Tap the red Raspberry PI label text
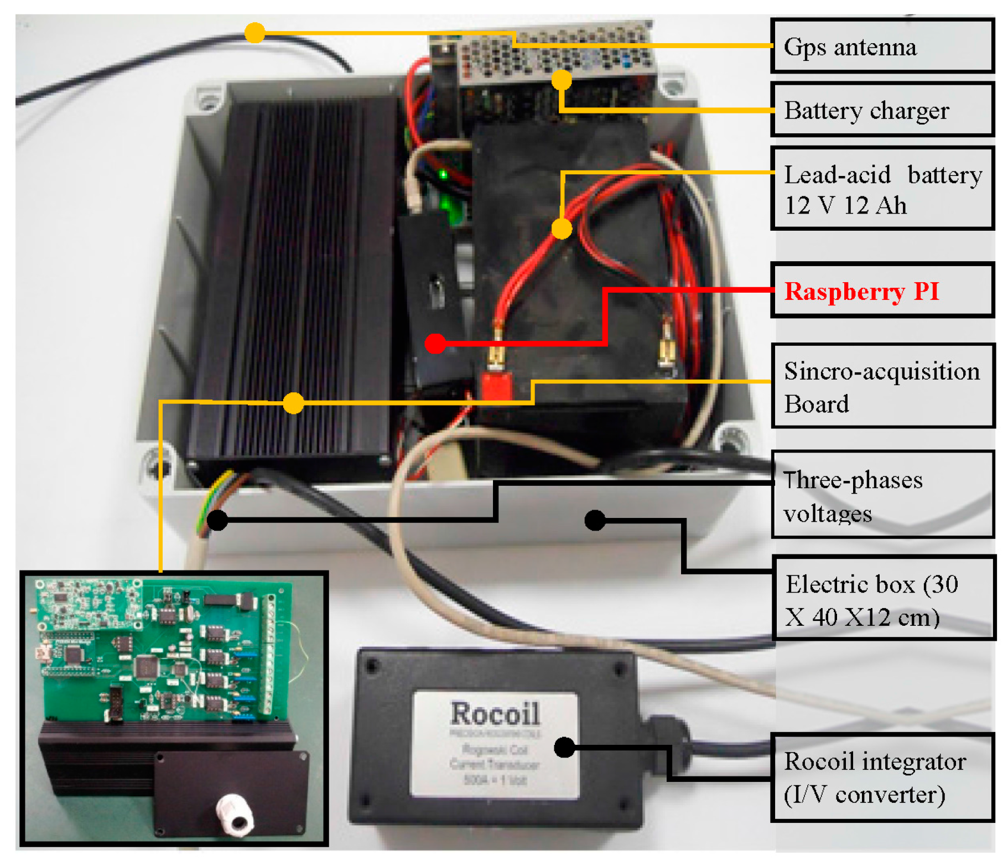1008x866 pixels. point(861,291)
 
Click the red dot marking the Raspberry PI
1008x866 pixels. point(435,343)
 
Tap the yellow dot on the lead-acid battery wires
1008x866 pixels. point(561,228)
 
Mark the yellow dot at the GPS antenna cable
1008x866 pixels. point(254,33)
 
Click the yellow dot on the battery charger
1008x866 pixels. point(561,80)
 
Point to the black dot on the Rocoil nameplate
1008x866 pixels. point(564,747)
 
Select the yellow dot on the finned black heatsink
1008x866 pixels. point(293,402)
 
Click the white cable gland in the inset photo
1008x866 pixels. point(235,813)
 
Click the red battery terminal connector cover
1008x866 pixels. point(495,385)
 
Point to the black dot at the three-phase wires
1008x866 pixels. point(217,520)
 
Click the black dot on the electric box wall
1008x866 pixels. point(595,520)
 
